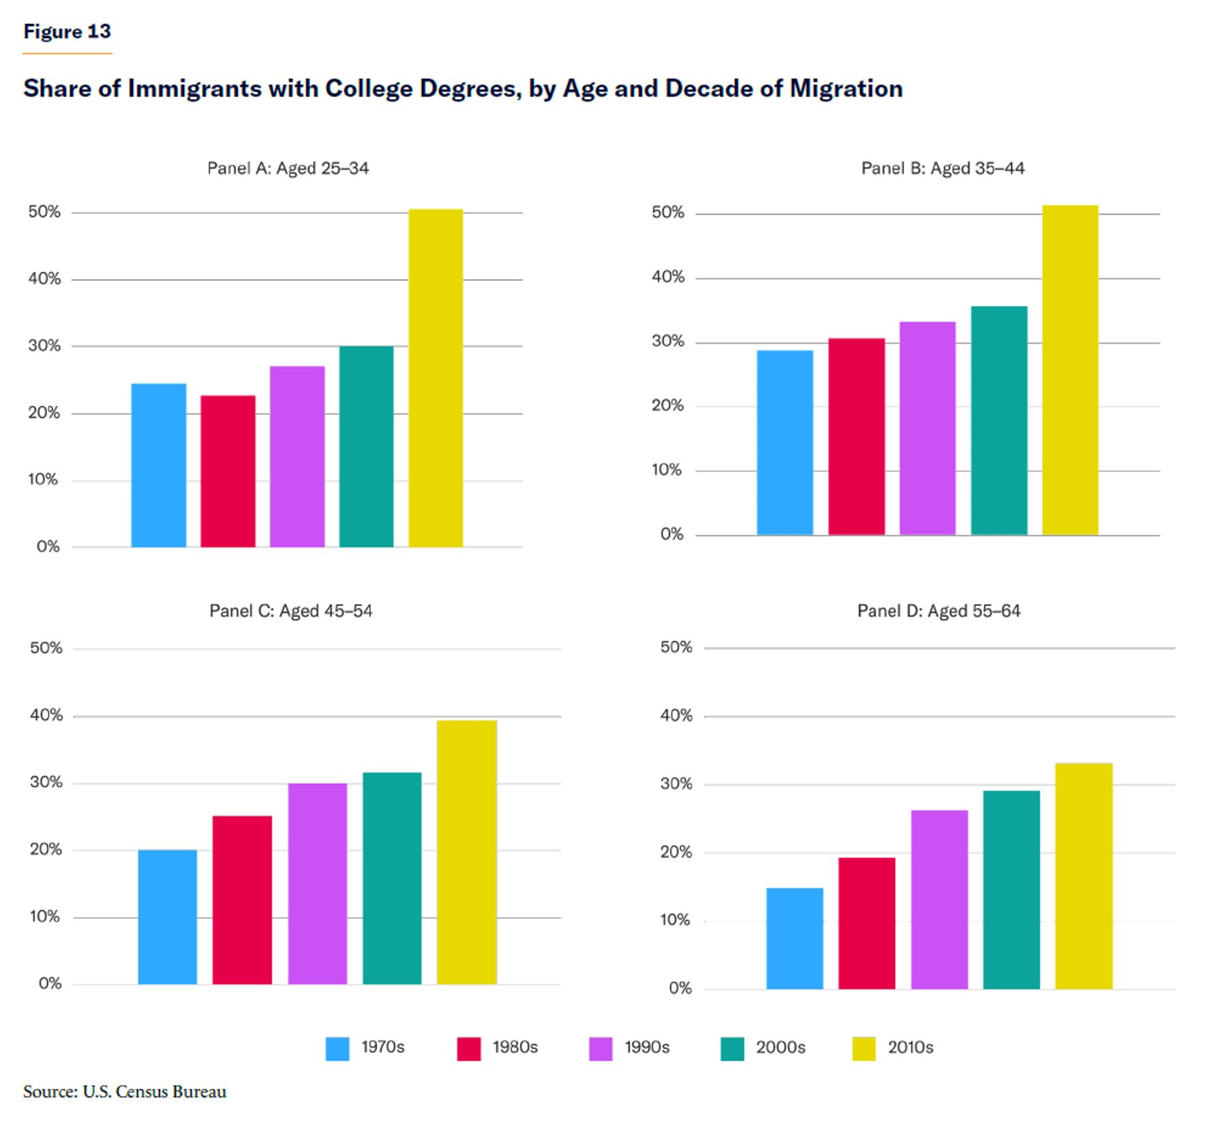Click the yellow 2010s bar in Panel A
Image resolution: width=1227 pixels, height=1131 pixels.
point(436,378)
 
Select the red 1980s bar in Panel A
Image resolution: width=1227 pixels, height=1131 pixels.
point(228,471)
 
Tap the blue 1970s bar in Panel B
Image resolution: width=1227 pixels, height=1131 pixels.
point(785,442)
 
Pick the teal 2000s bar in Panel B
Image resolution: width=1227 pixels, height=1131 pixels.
point(999,421)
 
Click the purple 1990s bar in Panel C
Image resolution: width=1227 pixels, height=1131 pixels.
point(317,884)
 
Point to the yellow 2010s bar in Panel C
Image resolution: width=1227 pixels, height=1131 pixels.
point(466,852)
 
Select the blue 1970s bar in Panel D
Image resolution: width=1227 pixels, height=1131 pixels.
point(794,938)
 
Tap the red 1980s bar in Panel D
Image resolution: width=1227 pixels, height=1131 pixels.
point(866,923)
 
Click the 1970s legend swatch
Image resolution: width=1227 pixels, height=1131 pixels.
point(337,1049)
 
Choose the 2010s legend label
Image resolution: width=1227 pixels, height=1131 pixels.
point(910,1047)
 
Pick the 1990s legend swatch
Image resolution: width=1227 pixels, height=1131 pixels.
point(601,1049)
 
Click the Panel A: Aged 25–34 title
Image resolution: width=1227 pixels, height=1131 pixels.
point(288,168)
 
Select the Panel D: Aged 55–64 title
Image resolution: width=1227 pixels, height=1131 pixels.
point(939,611)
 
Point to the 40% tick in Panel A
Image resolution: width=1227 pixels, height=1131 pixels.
point(44,278)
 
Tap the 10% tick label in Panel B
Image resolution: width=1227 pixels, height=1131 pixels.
point(667,470)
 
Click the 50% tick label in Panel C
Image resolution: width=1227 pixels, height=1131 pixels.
point(46,648)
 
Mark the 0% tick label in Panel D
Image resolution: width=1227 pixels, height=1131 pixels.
point(680,988)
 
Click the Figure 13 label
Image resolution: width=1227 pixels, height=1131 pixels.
point(67,31)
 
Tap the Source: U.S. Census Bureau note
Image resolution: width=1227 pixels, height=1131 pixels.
point(125,1091)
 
